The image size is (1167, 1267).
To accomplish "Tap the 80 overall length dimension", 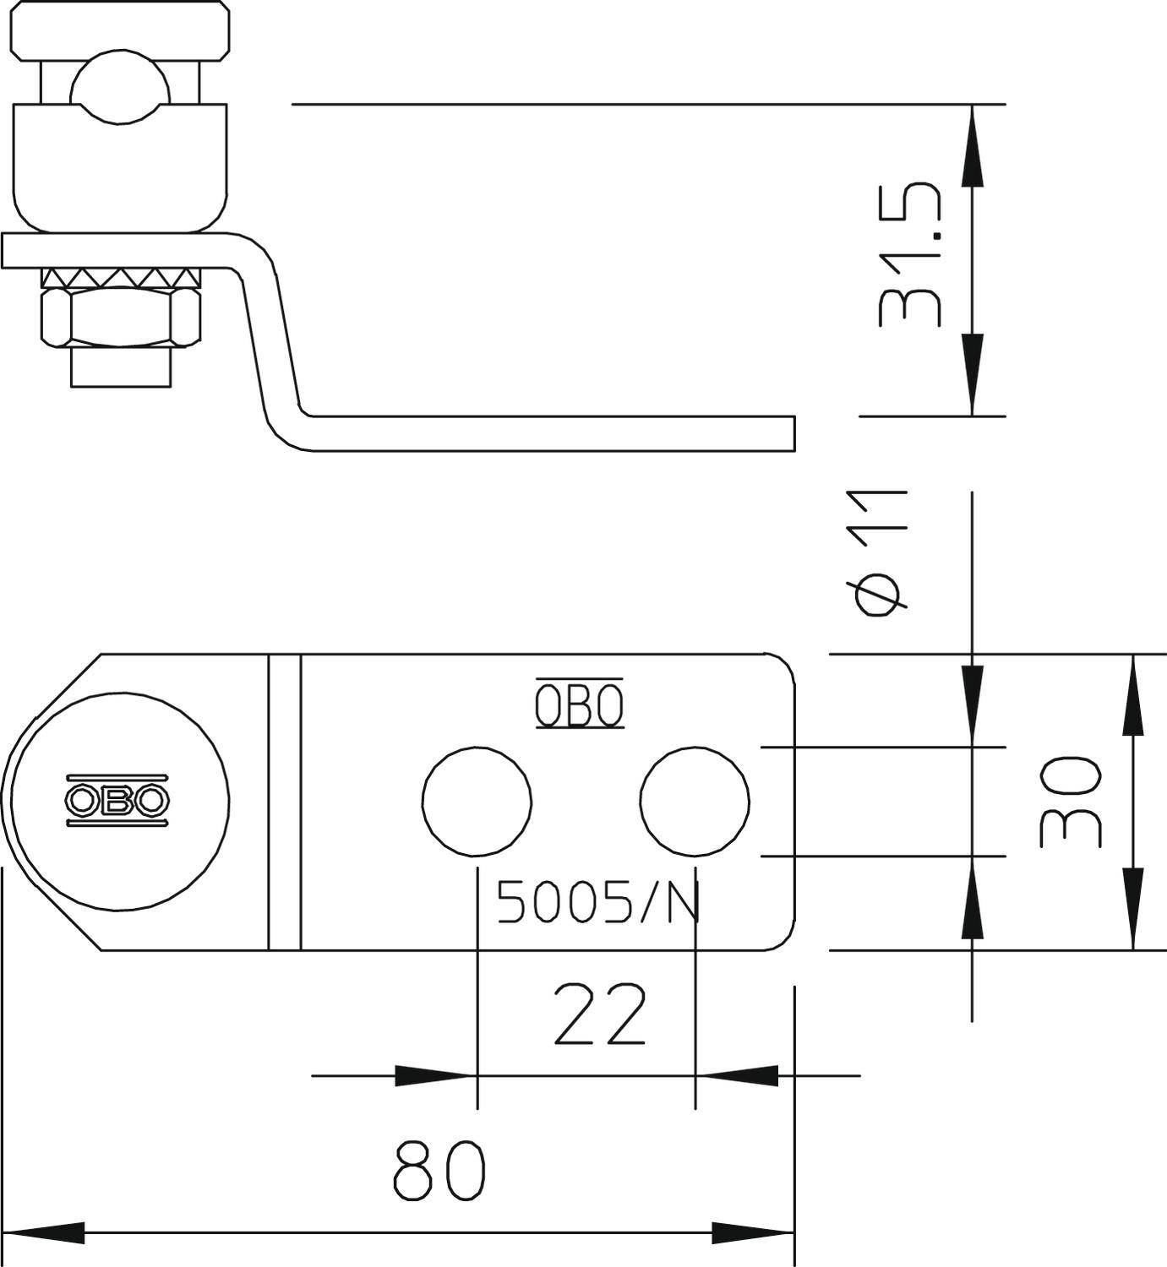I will [440, 1171].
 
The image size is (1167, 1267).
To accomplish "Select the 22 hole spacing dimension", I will [600, 1013].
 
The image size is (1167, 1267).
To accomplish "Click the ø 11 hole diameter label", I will [881, 553].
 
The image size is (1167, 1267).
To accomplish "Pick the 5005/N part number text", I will [599, 902].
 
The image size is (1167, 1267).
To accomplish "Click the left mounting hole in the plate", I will [477, 801].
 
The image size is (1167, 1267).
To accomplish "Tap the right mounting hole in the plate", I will [695, 801].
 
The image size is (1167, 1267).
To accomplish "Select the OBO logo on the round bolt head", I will [117, 799].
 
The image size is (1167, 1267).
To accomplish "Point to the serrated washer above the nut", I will [123, 276].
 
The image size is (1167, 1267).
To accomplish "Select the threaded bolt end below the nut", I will [123, 368].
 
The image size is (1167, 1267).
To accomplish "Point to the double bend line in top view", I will [285, 801].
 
